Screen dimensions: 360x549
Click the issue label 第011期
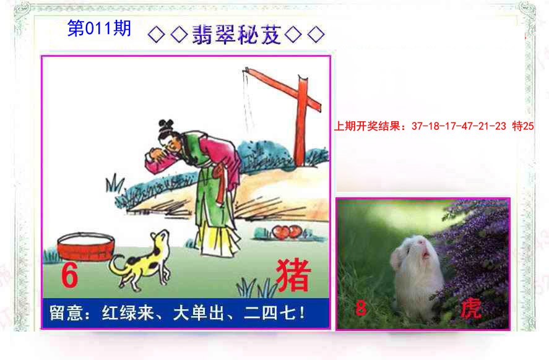click(99, 29)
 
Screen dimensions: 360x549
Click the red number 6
click(69, 276)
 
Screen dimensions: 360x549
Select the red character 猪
click(292, 275)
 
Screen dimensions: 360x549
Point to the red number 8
click(361, 307)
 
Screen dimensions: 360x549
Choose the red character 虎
click(472, 309)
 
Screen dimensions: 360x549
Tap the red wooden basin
click(85, 247)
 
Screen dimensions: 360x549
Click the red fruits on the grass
click(285, 232)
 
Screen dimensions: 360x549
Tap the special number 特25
click(523, 127)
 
